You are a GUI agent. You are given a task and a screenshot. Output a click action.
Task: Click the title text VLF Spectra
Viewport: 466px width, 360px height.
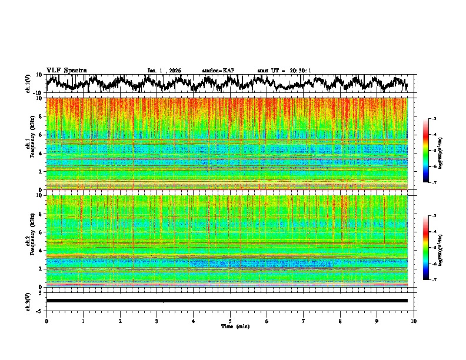66,70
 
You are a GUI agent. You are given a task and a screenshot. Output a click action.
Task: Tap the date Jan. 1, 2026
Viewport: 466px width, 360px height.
164,71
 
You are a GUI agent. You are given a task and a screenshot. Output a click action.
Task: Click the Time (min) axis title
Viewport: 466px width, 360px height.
235,326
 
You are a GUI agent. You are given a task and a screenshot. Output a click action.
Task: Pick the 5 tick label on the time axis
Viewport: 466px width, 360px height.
230,321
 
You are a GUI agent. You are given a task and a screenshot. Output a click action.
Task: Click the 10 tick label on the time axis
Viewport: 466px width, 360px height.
414,321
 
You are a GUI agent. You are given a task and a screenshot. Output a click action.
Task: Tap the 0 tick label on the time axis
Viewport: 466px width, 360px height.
46,321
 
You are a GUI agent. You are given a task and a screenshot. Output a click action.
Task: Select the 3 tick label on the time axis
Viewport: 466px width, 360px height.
157,321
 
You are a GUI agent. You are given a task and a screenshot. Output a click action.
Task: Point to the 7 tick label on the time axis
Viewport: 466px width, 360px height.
304,321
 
